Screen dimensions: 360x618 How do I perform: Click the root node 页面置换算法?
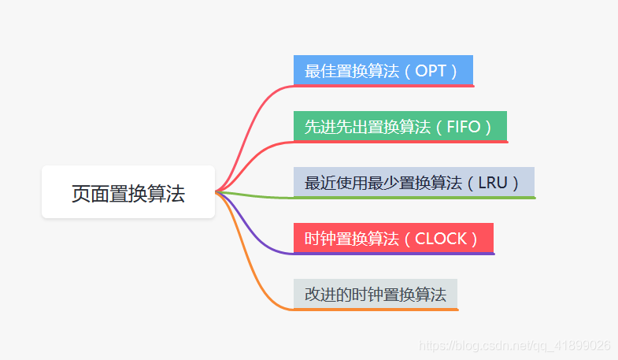128,192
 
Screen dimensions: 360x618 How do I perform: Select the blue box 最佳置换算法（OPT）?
383,70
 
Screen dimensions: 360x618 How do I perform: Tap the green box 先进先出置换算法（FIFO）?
399,126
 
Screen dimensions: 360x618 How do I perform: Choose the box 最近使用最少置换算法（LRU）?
413,182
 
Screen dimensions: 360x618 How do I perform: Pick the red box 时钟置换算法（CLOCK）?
393,238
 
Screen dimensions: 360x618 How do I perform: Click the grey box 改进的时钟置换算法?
375,294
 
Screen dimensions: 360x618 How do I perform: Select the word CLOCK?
442,239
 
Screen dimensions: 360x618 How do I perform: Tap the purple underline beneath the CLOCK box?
394,253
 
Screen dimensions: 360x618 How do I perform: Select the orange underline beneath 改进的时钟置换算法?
376,310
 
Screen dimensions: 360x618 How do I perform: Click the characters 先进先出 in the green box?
332,127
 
